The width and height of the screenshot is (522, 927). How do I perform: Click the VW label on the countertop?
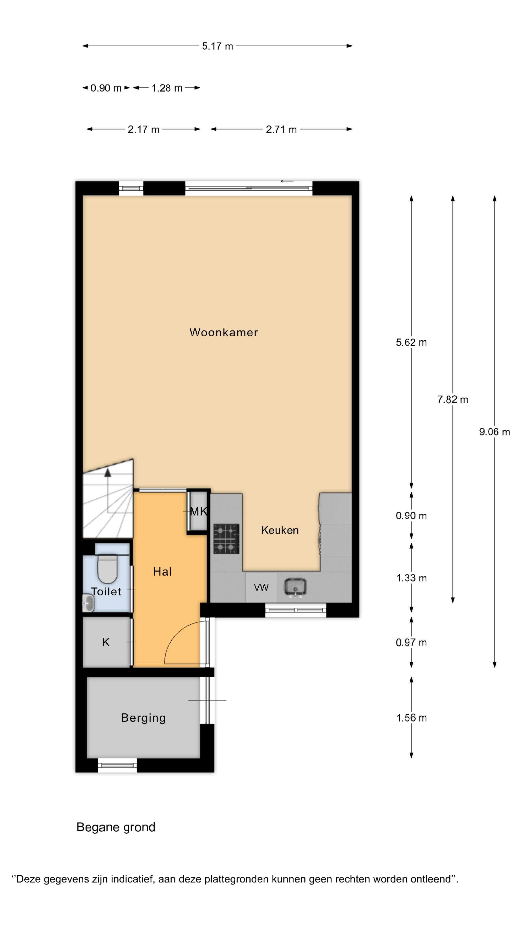[261, 588]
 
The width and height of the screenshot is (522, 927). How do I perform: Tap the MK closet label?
[198, 511]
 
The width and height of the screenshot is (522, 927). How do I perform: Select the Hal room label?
[162, 571]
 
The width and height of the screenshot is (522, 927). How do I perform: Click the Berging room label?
[143, 717]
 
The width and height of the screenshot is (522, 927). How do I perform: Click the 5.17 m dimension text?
[217, 46]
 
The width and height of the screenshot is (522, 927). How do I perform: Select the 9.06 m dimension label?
[494, 432]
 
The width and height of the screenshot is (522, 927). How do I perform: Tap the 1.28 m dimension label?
[167, 88]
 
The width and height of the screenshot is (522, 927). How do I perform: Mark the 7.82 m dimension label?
[452, 400]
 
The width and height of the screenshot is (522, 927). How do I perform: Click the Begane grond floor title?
[116, 827]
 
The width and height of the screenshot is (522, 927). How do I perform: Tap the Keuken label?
[280, 530]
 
